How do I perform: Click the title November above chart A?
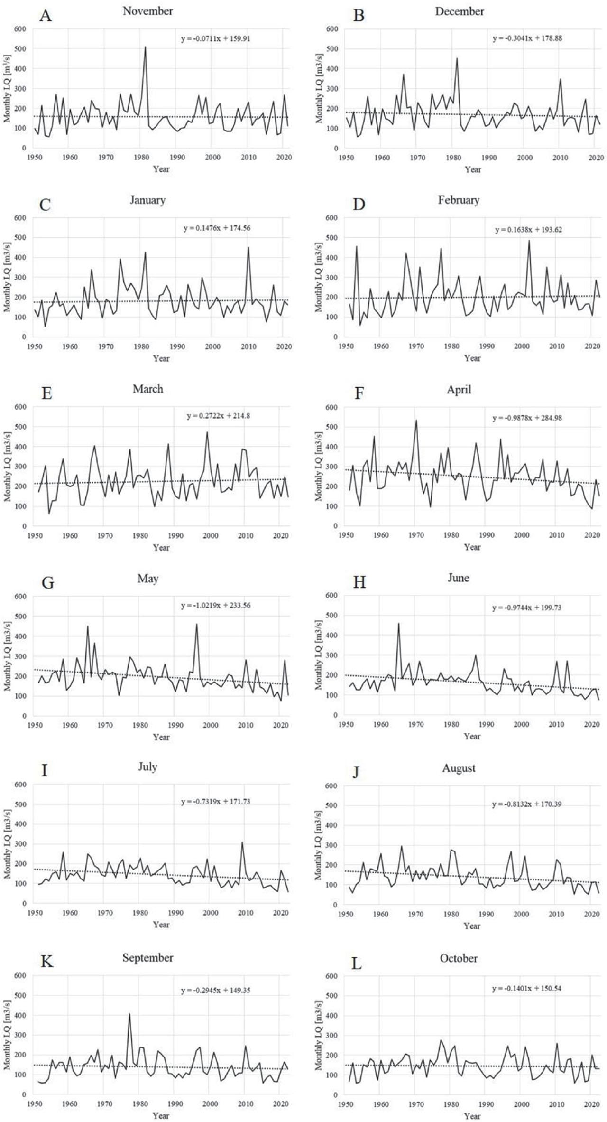point(147,11)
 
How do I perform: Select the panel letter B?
point(359,16)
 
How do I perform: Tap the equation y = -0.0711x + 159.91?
point(215,39)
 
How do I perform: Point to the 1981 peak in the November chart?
point(145,47)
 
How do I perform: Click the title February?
point(459,200)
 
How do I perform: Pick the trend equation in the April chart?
point(527,418)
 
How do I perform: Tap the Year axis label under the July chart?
point(161,924)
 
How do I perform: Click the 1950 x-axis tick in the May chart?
point(34,726)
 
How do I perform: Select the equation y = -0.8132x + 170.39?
point(527,804)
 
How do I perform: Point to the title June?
point(459,578)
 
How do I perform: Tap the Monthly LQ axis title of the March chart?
point(7,466)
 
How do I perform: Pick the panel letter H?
point(359,582)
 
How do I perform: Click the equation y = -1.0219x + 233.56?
point(215,606)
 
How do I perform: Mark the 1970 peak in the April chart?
point(416,420)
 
